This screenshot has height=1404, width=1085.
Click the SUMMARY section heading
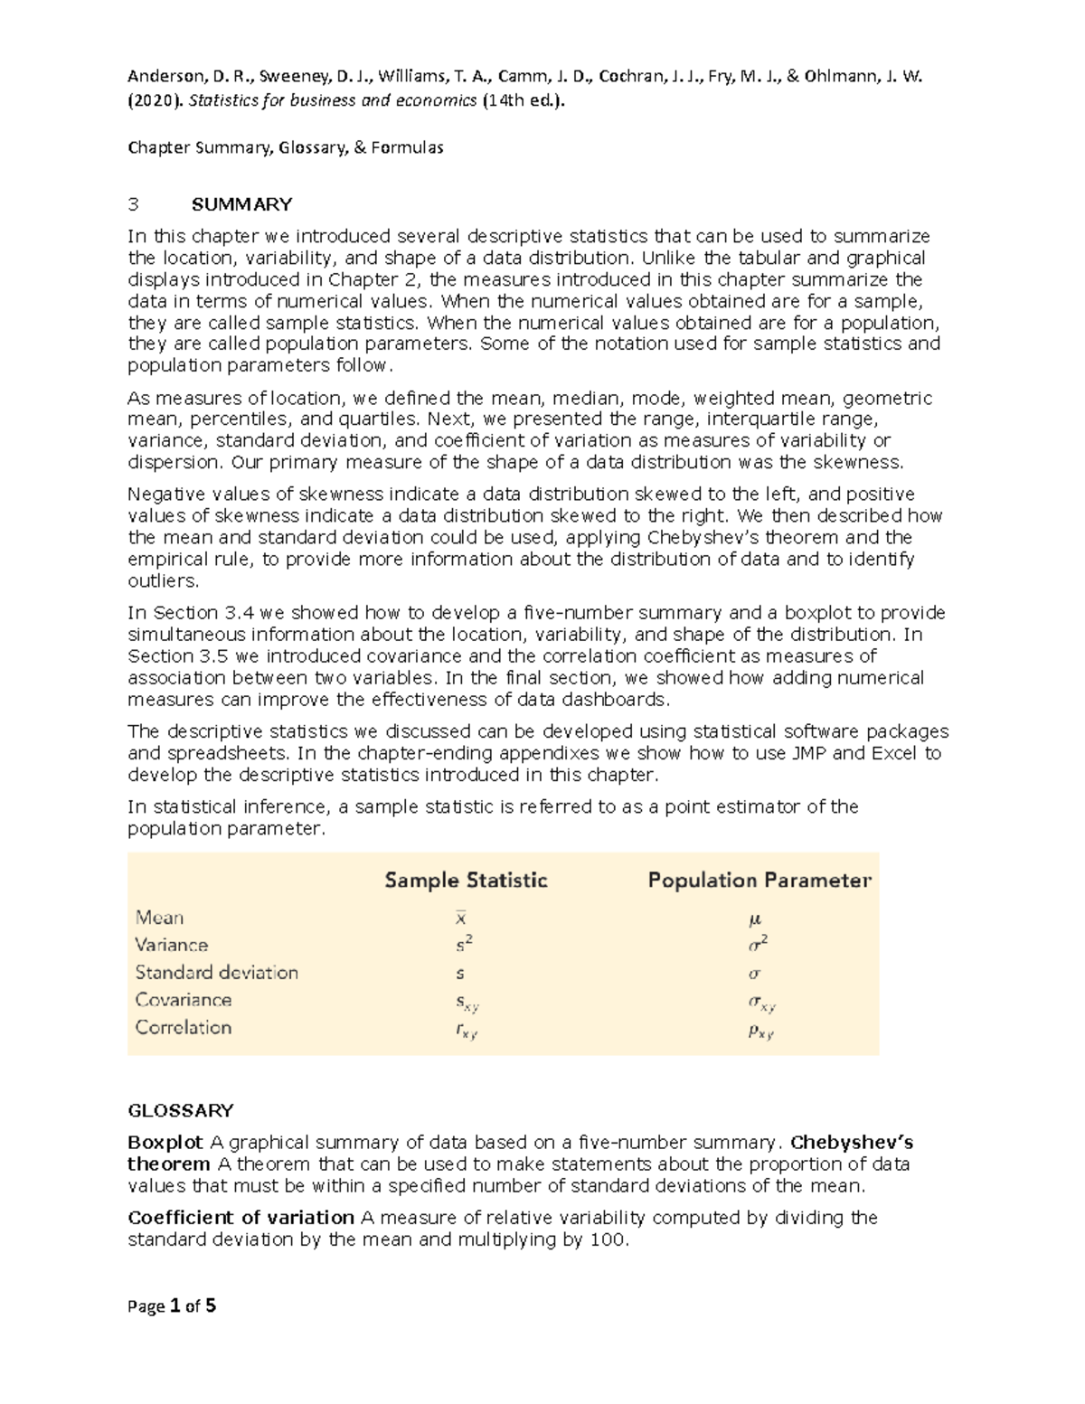248,204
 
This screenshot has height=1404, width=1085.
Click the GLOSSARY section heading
181,1110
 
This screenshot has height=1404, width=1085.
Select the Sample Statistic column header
466,880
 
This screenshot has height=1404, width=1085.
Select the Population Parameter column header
759,880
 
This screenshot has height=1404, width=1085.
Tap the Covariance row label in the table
183,1000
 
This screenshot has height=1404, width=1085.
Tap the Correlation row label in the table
183,1027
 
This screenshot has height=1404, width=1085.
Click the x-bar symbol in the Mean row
461,918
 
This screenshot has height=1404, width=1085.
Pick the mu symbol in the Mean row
755,919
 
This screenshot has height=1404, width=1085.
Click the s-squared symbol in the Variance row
464,945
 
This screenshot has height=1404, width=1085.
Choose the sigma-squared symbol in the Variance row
759,945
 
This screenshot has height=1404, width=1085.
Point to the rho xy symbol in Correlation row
760,1031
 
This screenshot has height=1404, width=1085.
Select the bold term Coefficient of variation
241,1218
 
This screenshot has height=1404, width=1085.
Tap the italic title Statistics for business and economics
333,100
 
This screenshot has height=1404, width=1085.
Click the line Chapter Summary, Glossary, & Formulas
285,147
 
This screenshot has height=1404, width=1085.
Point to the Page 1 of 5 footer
172,1306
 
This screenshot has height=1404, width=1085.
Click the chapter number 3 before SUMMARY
132,204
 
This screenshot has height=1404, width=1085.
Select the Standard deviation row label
216,973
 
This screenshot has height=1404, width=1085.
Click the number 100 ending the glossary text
606,1239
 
